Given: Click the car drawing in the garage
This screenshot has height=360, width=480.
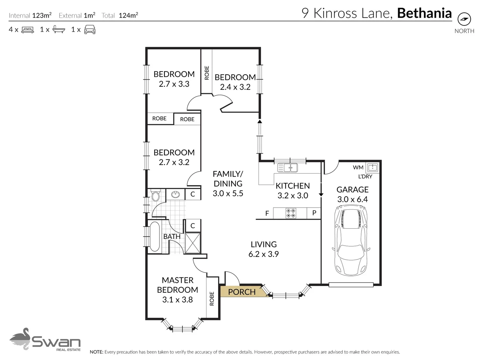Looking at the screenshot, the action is tap(351, 241).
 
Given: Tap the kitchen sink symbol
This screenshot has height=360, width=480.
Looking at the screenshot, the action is tap(287, 168).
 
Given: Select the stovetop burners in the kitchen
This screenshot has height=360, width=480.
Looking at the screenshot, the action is tap(291, 213).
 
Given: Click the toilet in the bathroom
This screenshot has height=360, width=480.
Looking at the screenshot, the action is tap(155, 195).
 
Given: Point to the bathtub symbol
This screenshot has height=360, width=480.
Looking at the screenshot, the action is tap(154, 237).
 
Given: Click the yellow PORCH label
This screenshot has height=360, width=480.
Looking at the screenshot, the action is tap(242, 292).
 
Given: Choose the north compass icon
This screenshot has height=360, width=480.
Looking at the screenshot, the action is tap(464, 19).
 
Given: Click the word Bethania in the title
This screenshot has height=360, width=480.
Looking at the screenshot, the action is tap(424, 13).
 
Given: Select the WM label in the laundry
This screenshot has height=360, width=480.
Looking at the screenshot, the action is tap(358, 167).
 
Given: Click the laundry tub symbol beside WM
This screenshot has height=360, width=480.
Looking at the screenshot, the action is tap(372, 168).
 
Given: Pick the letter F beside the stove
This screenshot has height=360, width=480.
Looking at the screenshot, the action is tap(267, 213).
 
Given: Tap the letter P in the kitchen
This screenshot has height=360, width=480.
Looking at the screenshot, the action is tap(314, 213).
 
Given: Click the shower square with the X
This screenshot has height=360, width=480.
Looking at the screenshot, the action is tap(193, 243).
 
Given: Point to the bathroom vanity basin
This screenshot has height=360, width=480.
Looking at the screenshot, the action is tap(175, 194).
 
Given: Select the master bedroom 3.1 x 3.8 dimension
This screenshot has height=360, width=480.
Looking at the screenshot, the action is tap(177, 299).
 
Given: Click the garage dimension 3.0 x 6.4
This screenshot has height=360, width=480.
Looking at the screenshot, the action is tap(353, 199).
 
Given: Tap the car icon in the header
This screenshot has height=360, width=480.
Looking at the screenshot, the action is tap(90, 29).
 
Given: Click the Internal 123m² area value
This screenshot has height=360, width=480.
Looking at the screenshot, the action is tap(42, 15).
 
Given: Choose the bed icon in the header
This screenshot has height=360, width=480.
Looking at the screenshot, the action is tap(28, 30).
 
